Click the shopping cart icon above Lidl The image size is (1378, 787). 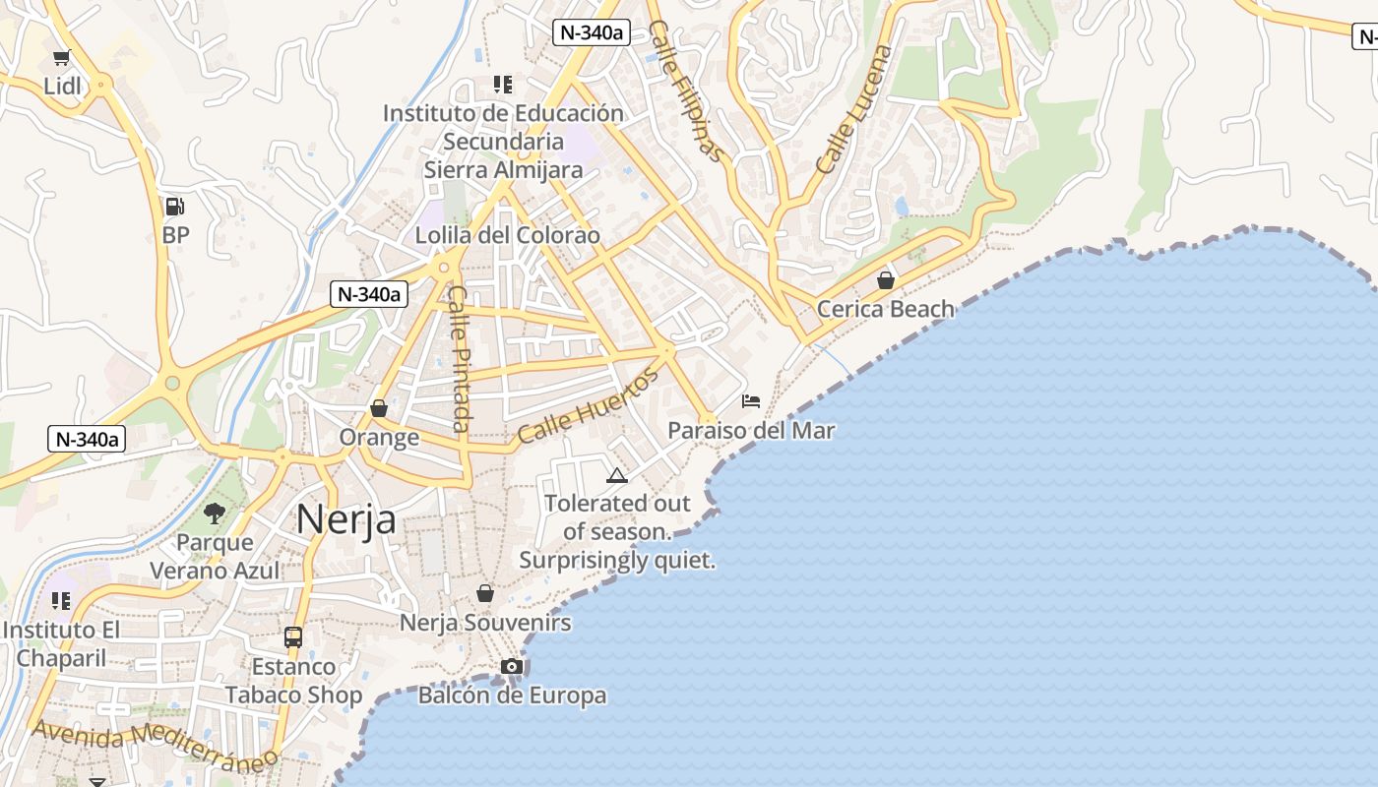coord(62,58)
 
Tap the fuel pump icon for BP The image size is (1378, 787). coord(175,207)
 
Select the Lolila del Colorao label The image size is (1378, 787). coord(507,236)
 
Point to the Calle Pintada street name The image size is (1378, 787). coord(459,358)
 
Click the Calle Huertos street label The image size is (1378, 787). coord(588,405)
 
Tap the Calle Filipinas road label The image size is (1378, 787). coord(686,91)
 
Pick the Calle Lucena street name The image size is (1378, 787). coord(853,109)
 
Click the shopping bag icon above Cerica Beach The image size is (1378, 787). coord(886,280)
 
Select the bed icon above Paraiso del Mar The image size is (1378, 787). coord(751,401)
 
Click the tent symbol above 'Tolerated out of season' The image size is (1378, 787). coord(617,476)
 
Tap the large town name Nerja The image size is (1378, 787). coord(346,519)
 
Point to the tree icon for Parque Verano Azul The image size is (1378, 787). coord(215,513)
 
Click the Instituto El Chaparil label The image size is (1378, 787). coord(61,644)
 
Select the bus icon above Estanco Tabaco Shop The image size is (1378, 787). coord(293,637)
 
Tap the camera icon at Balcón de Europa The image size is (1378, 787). coord(511,667)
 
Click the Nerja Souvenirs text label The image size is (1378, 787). coord(485,623)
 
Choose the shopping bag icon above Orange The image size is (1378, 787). coord(379,408)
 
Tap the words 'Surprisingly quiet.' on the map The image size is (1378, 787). coord(617,561)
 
